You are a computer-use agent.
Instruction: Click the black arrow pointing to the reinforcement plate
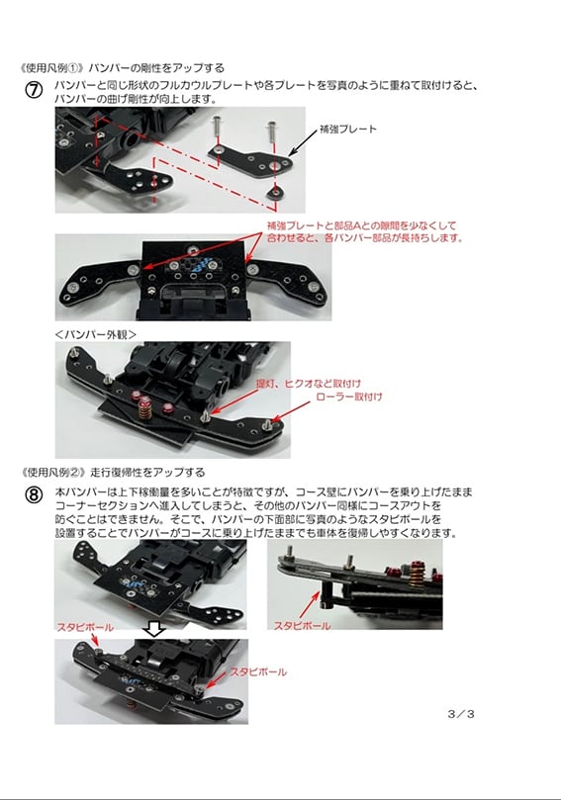(300, 146)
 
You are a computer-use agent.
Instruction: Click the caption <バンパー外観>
(96, 334)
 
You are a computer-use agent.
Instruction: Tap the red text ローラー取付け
(348, 397)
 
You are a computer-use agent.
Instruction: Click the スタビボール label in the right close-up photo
(302, 625)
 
